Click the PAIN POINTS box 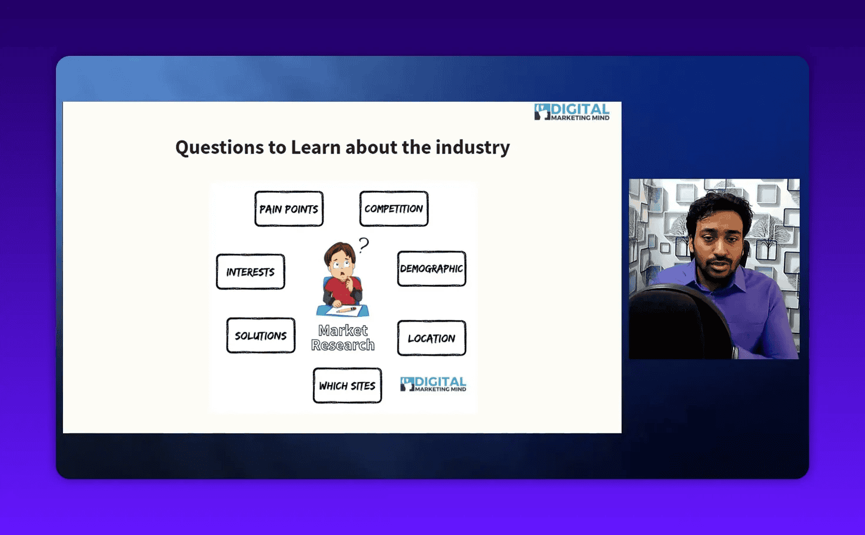[x=288, y=209]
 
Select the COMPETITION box [x=394, y=209]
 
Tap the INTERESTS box [x=250, y=272]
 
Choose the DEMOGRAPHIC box [x=431, y=269]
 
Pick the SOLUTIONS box [x=261, y=336]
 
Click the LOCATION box [x=431, y=338]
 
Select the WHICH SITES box [x=347, y=386]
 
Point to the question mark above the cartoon [x=364, y=245]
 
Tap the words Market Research [x=342, y=338]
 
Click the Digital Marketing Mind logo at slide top [x=571, y=112]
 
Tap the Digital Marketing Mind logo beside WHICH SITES [x=433, y=384]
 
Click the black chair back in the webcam [x=677, y=320]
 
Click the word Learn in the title [x=316, y=147]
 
